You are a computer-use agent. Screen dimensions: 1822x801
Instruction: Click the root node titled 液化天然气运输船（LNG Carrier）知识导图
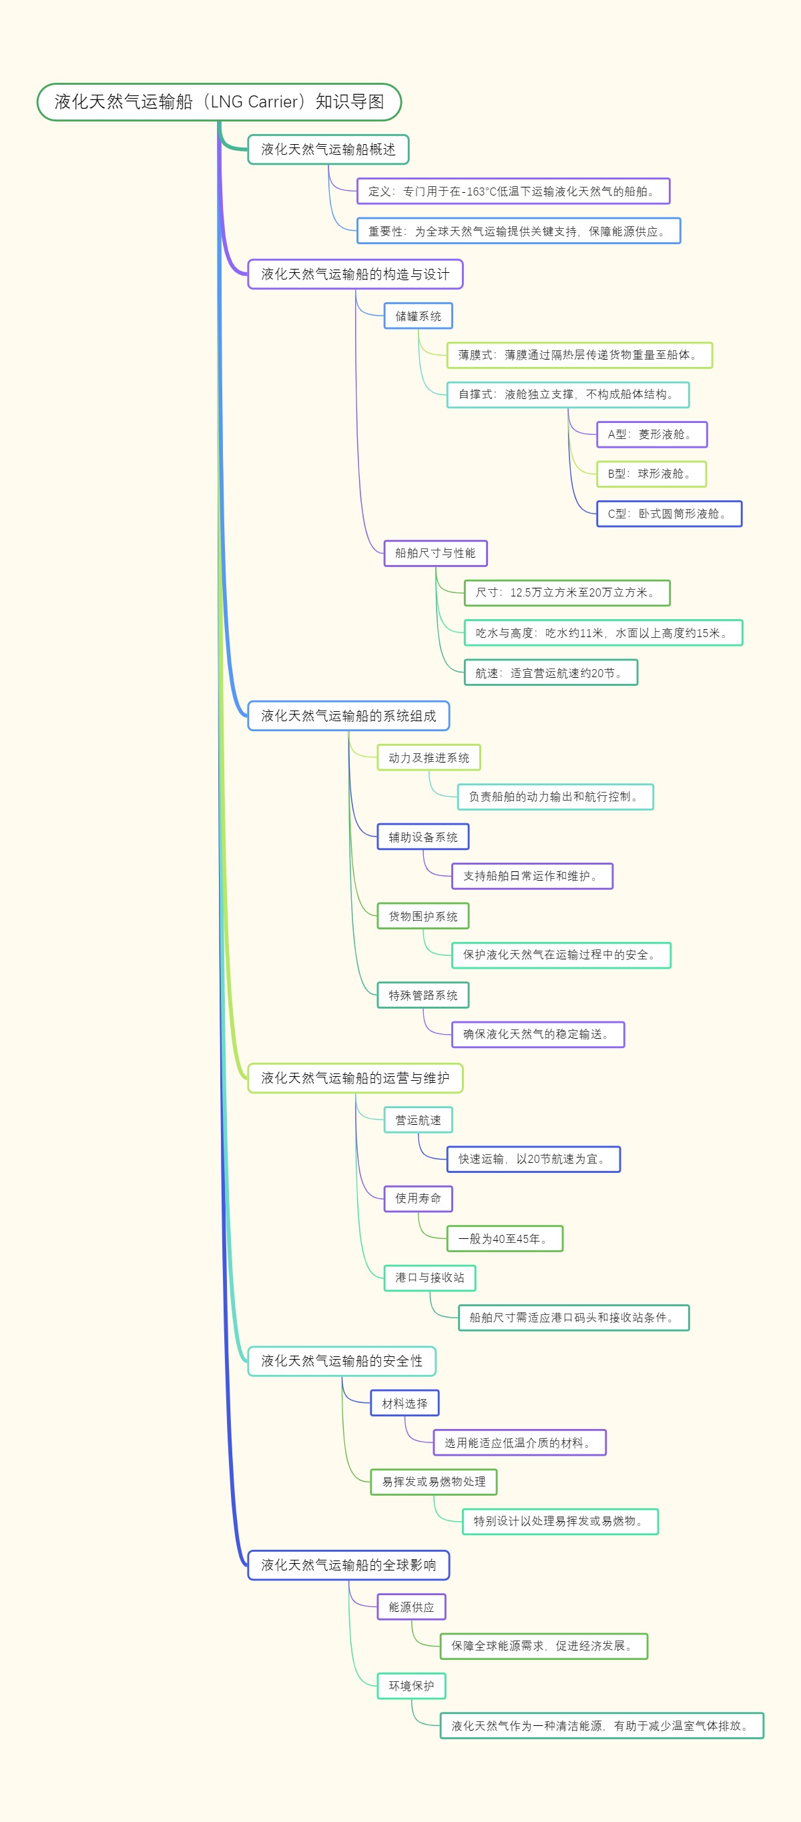[x=219, y=102]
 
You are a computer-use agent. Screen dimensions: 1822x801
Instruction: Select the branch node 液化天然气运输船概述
[x=328, y=149]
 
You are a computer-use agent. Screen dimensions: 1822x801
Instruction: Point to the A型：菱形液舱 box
[x=651, y=434]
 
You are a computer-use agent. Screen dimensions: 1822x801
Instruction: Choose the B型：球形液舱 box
[x=650, y=474]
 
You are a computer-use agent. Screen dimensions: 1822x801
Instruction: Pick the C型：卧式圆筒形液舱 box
[x=668, y=514]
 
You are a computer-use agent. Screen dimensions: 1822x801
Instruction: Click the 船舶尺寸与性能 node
[x=435, y=553]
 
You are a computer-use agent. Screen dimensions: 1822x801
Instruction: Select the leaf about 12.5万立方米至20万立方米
[x=566, y=592]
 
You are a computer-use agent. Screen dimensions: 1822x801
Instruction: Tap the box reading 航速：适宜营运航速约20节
[x=550, y=672]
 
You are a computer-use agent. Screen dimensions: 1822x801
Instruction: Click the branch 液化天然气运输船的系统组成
[x=348, y=716]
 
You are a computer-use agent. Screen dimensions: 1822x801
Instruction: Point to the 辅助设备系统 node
[x=423, y=837]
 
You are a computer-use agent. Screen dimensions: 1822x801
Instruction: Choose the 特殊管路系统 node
[x=423, y=995]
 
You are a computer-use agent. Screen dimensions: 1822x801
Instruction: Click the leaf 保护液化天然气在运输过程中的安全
[x=561, y=955]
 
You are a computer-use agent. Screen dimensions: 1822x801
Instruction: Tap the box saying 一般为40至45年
[x=504, y=1238]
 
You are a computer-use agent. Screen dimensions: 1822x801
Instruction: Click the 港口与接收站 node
[x=429, y=1278]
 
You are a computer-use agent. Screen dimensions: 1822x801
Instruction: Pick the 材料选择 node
[x=404, y=1403]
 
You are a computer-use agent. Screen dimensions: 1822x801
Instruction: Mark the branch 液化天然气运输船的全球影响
[x=348, y=1564]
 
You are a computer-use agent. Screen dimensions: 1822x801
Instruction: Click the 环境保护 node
[x=411, y=1685]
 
